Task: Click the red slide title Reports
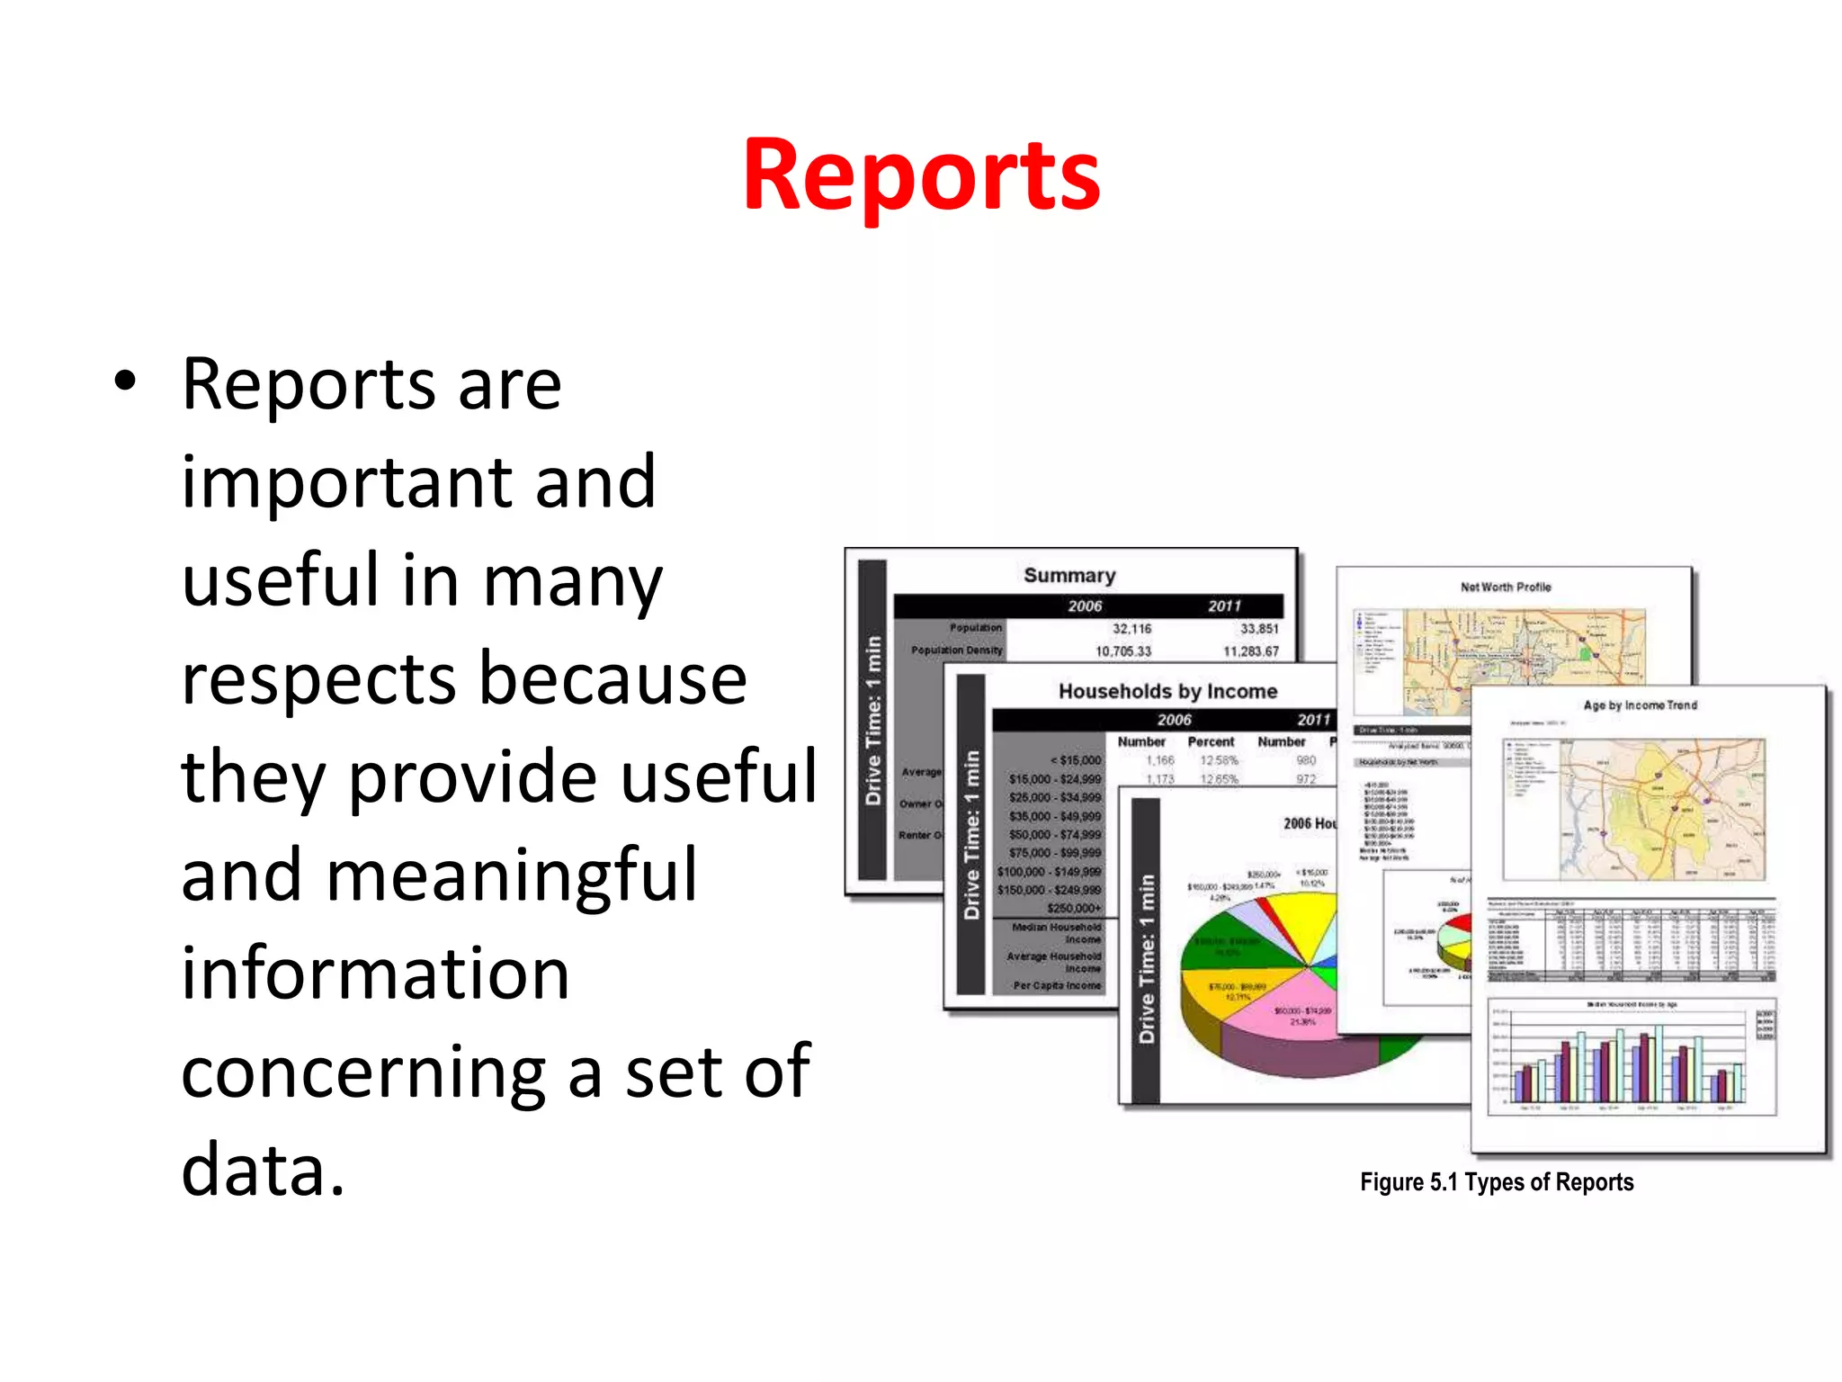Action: coord(921,175)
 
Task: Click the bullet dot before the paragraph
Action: coord(125,381)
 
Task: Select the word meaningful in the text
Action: coord(512,875)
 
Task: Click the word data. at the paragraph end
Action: coord(263,1169)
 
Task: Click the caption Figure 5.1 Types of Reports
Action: coord(1496,1182)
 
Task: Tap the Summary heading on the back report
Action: coord(1069,576)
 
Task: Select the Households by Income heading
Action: coord(1167,691)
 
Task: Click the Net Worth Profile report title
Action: coord(1506,588)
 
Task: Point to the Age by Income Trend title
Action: coord(1640,705)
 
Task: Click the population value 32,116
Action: coord(1131,629)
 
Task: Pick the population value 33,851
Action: coord(1258,629)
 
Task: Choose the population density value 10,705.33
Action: coord(1122,651)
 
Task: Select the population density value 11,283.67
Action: coord(1250,651)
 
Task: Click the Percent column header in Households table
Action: coord(1211,742)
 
